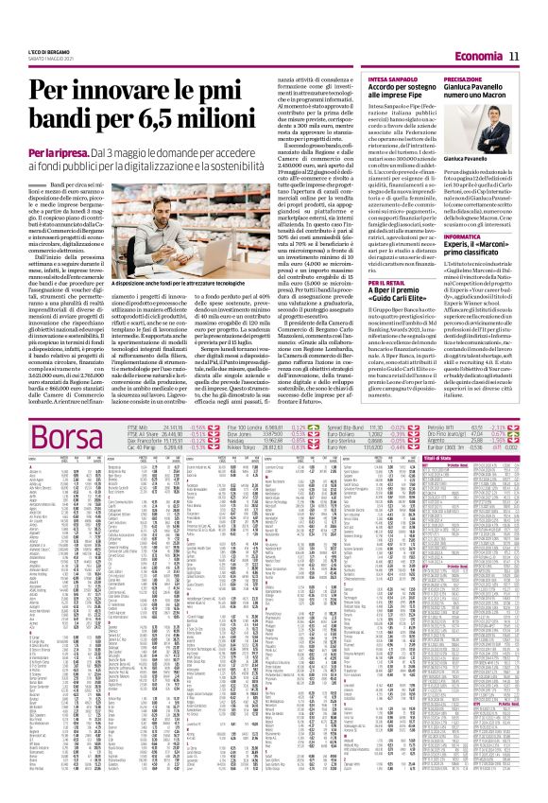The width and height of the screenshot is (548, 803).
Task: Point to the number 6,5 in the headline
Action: point(170,121)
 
